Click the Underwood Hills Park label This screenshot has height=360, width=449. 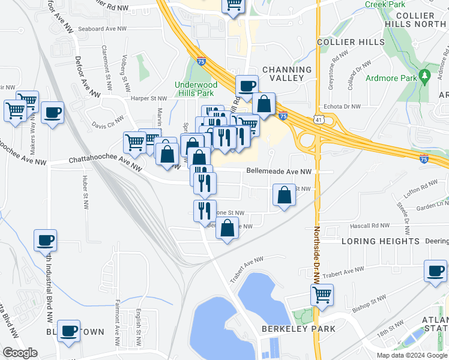click(195, 89)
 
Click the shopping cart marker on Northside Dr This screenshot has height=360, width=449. click(322, 295)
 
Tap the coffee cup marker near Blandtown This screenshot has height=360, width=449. click(68, 329)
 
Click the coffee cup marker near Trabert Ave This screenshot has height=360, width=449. click(435, 271)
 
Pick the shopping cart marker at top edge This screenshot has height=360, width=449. click(234, 5)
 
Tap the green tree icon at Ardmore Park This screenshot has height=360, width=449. click(424, 76)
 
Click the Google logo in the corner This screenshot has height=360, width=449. click(20, 353)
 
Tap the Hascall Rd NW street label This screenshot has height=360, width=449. click(372, 226)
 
